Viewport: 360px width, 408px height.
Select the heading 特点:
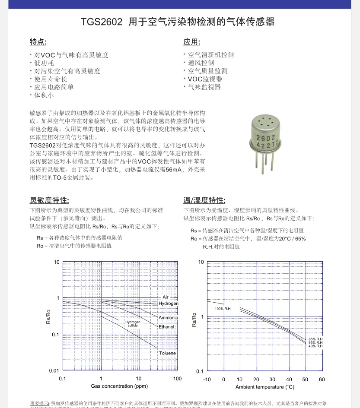(x=38, y=42)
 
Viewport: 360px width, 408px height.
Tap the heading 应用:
(x=192, y=42)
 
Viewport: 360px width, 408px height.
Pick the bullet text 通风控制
(x=201, y=63)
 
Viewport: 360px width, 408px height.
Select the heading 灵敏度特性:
(x=49, y=200)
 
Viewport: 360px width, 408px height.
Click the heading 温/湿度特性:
(x=204, y=200)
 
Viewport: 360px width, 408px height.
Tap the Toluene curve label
(x=167, y=353)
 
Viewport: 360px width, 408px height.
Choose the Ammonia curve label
(x=168, y=318)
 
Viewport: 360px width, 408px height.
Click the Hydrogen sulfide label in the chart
(x=133, y=324)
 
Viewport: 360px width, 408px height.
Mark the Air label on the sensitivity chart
(x=166, y=297)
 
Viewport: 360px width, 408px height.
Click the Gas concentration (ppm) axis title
(x=119, y=386)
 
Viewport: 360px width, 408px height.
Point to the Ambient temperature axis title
(x=265, y=386)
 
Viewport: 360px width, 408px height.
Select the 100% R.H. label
(x=223, y=309)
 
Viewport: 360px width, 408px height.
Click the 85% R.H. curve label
(x=316, y=339)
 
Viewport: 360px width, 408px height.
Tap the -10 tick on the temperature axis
(x=207, y=379)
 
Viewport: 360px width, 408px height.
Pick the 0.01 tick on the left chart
(x=54, y=371)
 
